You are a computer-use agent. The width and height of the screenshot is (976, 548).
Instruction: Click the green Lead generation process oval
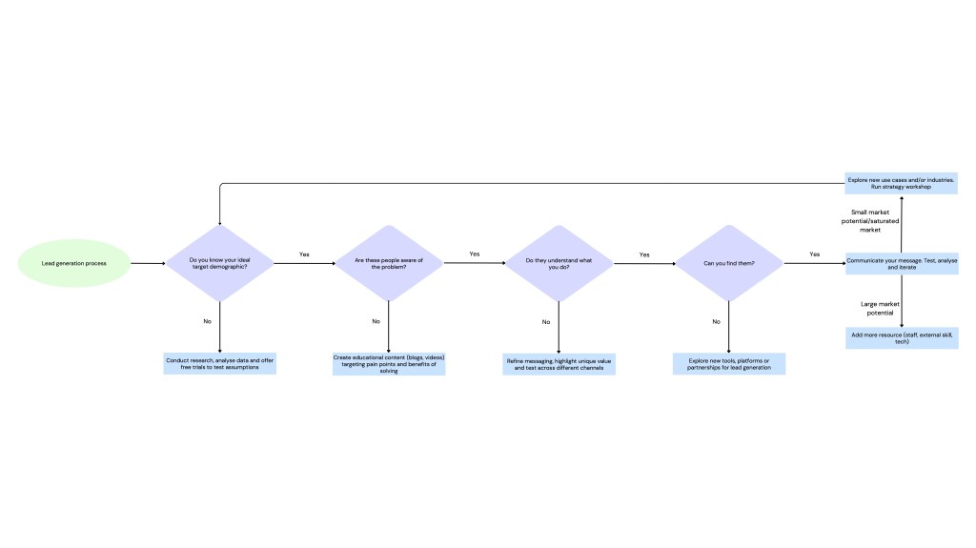[73, 262]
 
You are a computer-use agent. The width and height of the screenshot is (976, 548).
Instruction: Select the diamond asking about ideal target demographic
[220, 262]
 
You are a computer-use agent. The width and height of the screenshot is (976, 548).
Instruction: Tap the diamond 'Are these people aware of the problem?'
[388, 262]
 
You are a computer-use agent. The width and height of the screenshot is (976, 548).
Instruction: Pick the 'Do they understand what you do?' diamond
[558, 262]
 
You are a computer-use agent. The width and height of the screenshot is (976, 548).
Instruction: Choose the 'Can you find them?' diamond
[728, 262]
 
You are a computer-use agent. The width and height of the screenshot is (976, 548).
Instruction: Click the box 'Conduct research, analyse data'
[220, 363]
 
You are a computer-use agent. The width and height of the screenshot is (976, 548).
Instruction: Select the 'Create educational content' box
[388, 364]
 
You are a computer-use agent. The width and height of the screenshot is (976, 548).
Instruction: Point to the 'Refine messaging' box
[559, 364]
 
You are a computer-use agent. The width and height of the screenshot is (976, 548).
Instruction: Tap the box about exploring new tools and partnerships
[728, 363]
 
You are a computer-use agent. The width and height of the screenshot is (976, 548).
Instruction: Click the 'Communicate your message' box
[902, 262]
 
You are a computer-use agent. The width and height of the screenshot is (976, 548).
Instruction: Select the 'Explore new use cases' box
[902, 183]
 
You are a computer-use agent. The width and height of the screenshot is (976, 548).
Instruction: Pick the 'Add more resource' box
[902, 337]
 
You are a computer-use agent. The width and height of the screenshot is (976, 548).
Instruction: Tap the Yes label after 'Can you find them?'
[814, 254]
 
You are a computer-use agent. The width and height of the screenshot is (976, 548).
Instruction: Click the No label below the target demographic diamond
[208, 321]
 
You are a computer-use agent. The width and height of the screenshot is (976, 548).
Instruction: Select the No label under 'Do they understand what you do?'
[546, 322]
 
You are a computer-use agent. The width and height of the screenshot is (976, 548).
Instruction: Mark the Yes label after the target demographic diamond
[304, 254]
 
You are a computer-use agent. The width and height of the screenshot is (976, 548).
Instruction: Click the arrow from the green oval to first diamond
[148, 262]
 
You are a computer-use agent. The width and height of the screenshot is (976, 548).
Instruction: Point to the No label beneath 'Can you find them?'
[717, 322]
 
